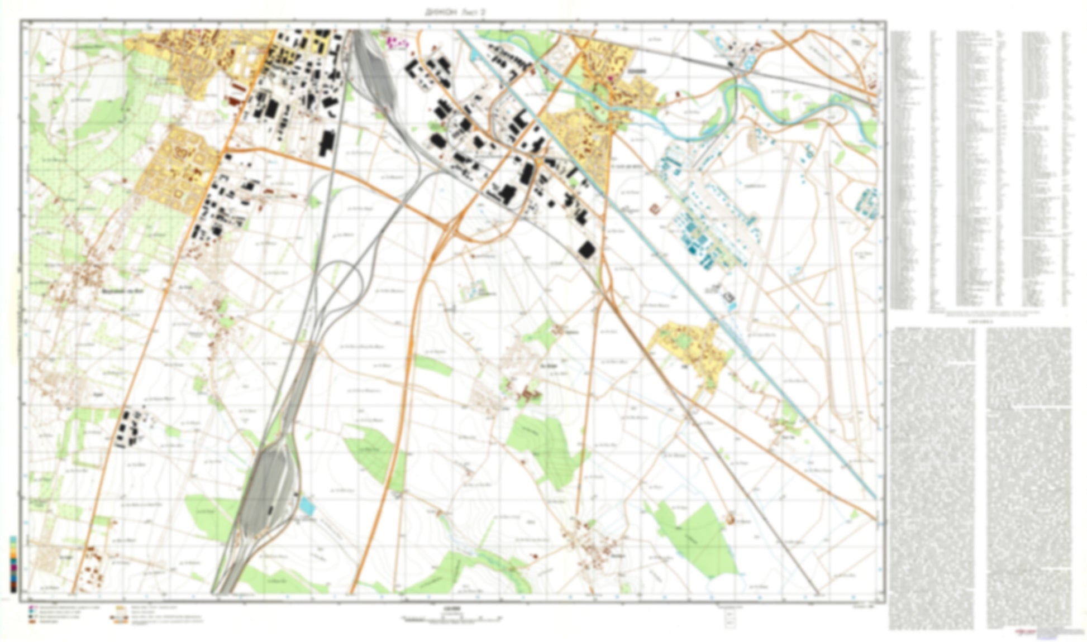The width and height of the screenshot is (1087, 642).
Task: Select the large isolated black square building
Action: pos(585,250)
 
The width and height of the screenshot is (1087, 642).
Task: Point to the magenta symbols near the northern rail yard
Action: pos(397,41)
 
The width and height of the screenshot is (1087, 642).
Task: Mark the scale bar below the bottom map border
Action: pos(451,618)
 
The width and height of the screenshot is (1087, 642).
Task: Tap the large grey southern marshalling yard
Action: pos(266,491)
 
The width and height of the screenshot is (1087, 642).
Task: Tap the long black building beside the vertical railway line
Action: pos(325,143)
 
